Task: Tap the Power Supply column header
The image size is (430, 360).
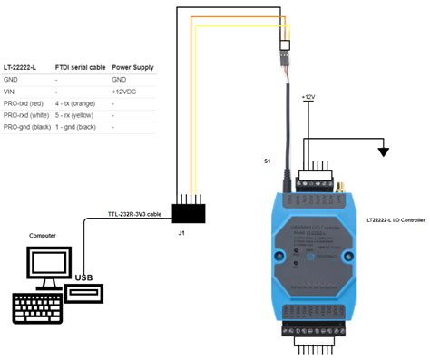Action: click(x=132, y=67)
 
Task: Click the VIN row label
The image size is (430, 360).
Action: click(x=11, y=92)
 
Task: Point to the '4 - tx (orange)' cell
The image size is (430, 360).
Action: click(x=77, y=103)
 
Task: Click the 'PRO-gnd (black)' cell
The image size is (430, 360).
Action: click(x=27, y=127)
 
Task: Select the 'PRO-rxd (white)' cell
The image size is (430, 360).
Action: click(x=27, y=115)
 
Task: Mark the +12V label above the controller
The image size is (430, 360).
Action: click(x=310, y=95)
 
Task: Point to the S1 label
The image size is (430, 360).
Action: click(x=267, y=161)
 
